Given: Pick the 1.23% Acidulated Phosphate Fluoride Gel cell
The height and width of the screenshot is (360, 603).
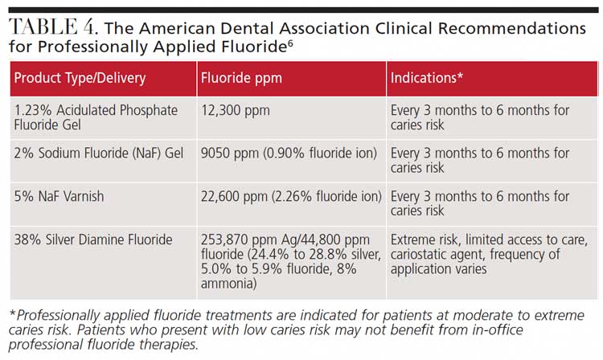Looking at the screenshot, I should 95,117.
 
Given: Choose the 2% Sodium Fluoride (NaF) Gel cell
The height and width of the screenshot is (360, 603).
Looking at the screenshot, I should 94,153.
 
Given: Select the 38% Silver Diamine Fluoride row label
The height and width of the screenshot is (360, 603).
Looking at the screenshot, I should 93,240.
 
